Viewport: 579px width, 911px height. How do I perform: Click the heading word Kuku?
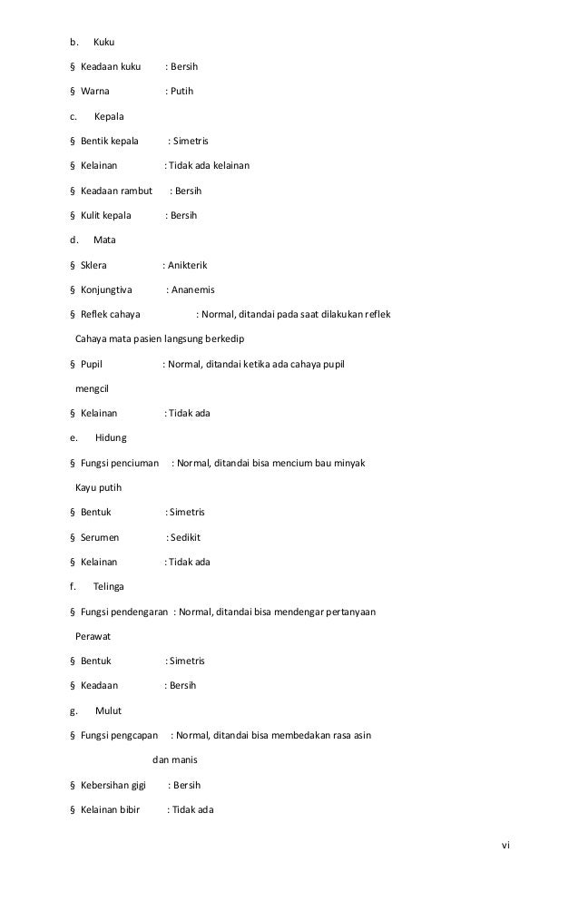tap(103, 43)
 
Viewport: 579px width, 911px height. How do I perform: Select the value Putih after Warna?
tap(182, 93)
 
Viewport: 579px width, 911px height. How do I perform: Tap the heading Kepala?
tap(109, 117)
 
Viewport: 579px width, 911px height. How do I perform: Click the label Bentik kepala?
tap(109, 142)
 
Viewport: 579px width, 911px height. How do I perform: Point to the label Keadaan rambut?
tap(115, 191)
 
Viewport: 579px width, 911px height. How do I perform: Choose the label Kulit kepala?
tap(106, 216)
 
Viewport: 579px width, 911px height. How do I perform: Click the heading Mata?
tap(104, 240)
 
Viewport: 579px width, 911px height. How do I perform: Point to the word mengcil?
tap(91, 388)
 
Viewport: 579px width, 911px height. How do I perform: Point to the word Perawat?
tap(93, 635)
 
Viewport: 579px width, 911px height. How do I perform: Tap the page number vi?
tap(505, 846)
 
